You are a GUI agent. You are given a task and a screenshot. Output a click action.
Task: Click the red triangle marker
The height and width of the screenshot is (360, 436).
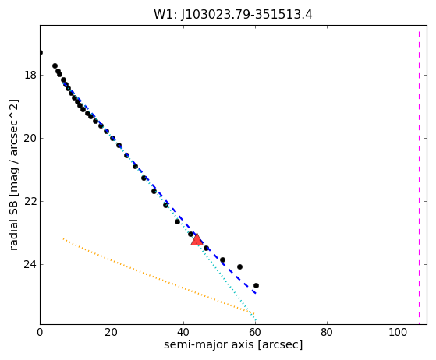197,240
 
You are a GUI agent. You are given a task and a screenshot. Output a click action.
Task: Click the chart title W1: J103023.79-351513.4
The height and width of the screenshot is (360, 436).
233,15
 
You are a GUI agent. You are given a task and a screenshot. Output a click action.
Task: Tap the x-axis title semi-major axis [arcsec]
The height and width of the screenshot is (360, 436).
233,344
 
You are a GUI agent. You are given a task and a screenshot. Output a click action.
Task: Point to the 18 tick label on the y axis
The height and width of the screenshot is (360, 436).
30,75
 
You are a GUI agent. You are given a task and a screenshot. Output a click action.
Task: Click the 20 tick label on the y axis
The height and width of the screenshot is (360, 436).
30,138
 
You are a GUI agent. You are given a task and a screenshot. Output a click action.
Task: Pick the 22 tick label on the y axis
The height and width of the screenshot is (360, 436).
30,201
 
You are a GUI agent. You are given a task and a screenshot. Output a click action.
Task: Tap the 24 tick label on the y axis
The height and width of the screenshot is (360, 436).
30,264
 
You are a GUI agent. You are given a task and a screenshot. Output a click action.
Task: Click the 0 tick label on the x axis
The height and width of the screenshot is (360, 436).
40,332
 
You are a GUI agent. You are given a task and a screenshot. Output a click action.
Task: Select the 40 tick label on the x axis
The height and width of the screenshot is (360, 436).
183,332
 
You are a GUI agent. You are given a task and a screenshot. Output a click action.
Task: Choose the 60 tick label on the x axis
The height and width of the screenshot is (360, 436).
255,332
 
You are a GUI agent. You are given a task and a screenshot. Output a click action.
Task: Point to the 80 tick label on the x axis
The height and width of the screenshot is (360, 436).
327,332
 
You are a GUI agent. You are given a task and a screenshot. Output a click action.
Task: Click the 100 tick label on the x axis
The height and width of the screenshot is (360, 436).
399,332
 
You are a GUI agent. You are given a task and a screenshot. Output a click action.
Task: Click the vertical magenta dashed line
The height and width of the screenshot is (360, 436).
419,175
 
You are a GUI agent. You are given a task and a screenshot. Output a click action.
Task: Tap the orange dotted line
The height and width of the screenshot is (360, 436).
158,276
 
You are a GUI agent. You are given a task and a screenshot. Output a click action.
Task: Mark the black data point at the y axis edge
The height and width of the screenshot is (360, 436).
41,52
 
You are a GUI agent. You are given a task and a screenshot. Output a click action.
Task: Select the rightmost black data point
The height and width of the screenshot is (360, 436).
256,285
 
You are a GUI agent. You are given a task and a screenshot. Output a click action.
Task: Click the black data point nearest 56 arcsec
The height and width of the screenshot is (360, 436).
239,267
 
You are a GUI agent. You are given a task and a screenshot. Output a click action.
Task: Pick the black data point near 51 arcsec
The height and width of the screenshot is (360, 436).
222,260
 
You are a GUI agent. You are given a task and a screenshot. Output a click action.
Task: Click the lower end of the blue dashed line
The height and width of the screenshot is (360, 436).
255,293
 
